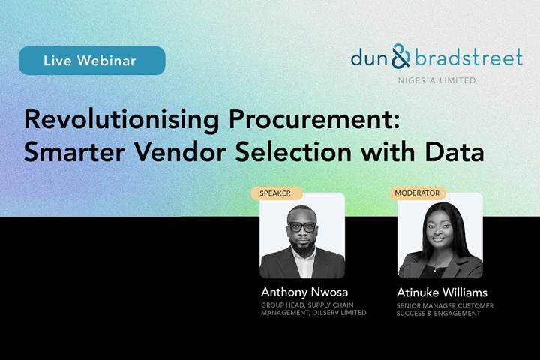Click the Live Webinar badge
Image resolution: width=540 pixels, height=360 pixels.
91,61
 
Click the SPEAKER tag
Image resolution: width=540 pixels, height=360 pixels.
275,193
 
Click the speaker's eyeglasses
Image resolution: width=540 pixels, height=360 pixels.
301,226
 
